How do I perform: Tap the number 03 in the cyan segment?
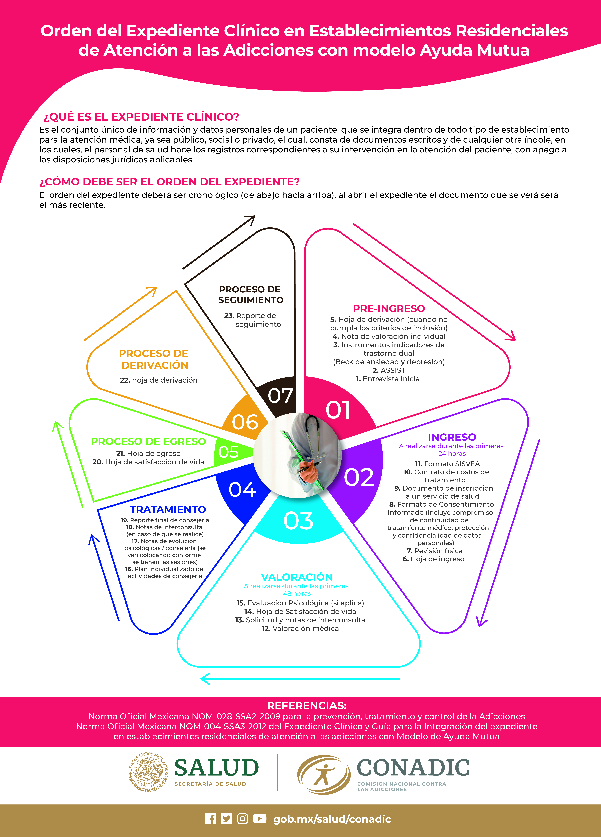click(x=298, y=521)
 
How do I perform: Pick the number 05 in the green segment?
click(x=228, y=452)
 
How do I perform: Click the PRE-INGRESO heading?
click(x=389, y=309)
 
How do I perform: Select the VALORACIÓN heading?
click(x=297, y=577)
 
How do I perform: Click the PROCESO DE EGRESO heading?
click(x=148, y=441)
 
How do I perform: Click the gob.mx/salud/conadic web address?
click(x=332, y=819)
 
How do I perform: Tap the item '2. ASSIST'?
click(x=389, y=370)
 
